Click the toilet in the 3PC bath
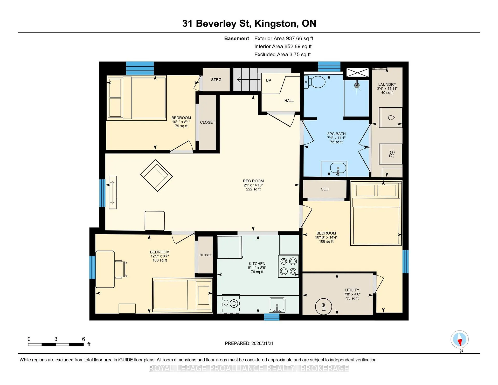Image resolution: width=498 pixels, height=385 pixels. (314, 82)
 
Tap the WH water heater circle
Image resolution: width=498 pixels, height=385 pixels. (323, 306)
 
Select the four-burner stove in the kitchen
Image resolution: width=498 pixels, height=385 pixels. (288, 266)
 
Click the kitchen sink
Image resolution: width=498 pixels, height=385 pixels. (277, 305)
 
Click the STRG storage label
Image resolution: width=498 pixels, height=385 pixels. (216, 80)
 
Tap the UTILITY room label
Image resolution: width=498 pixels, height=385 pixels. (352, 290)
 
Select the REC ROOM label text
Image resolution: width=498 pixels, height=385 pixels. (253, 181)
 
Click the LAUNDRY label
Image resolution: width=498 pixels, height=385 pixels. (387, 84)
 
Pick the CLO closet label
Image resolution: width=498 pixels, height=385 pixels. (324, 189)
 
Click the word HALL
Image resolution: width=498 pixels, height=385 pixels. (289, 101)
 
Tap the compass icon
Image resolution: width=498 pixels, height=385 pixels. (460, 339)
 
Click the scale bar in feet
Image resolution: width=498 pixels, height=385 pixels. (56, 345)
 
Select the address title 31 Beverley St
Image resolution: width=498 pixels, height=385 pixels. (216, 23)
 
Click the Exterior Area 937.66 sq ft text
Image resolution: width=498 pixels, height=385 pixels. (284, 38)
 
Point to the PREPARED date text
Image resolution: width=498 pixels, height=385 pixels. (249, 343)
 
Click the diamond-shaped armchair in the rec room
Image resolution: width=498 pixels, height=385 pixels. (156, 175)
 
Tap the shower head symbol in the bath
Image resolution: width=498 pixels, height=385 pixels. (357, 86)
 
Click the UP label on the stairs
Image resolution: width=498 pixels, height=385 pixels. (268, 80)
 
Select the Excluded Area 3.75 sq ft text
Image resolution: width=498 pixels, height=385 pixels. (282, 54)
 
